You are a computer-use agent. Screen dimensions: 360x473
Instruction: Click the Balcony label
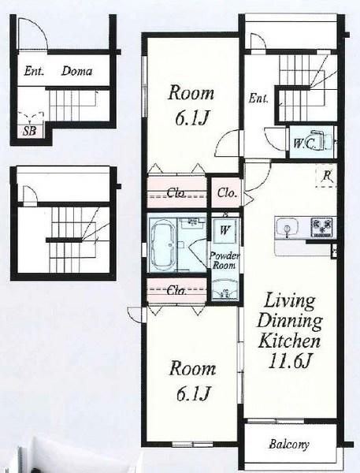pos(289,445)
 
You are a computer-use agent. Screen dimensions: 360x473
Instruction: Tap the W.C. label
pos(304,144)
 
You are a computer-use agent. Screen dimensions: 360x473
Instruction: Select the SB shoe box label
pos(30,131)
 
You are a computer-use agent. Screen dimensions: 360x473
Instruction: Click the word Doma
pos(76,71)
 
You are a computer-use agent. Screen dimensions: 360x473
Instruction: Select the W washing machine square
pos(225,230)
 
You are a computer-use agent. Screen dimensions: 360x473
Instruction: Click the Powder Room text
pos(224,261)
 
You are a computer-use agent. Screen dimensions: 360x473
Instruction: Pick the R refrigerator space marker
pos(327,176)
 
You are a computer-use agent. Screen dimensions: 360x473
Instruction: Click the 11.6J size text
pos(289,361)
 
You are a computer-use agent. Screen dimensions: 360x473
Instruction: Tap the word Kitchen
pos(289,341)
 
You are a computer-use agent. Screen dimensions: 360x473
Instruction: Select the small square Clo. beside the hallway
pos(226,192)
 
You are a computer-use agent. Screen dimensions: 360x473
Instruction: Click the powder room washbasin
pos(225,290)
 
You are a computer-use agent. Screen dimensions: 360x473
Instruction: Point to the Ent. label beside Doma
pos(34,71)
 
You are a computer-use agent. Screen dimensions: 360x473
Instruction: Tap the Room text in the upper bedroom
pos(191,93)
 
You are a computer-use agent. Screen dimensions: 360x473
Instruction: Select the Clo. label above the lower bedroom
pos(176,291)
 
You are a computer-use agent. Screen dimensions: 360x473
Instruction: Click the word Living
pos(289,300)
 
